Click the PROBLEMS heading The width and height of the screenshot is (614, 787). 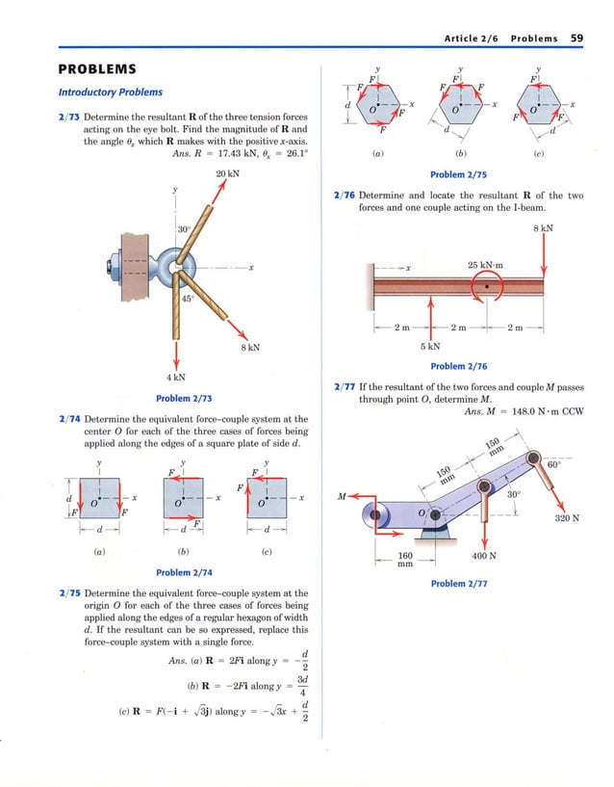[97, 70]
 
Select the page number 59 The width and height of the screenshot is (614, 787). [576, 38]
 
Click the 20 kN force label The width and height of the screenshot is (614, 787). [227, 173]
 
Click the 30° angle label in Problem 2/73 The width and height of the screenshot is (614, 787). [184, 229]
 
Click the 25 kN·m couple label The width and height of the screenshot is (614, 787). [488, 265]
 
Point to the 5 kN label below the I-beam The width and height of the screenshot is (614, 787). [430, 346]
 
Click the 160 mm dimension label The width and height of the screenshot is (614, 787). [405, 560]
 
